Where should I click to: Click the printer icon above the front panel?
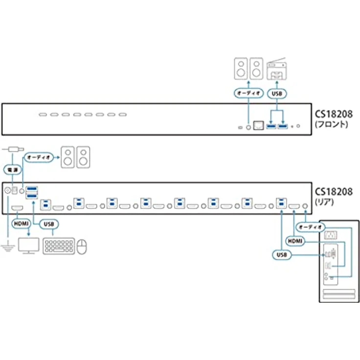point(276,68)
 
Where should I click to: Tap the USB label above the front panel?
point(277,94)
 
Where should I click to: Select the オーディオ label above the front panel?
point(248,93)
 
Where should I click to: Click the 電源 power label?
point(12,170)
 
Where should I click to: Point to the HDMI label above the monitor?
point(21,224)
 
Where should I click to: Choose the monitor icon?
point(29,246)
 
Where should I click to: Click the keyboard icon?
point(59,246)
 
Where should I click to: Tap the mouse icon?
point(82,247)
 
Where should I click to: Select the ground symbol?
point(8,246)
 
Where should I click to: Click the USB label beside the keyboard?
point(49,224)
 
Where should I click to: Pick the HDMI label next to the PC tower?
point(295,241)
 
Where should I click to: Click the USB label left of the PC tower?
point(282,255)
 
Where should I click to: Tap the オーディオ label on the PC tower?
point(311,227)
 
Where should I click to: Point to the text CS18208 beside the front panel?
point(334,114)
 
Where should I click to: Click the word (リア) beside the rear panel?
point(324,202)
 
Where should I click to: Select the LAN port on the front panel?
point(258,125)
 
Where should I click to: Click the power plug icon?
point(13,150)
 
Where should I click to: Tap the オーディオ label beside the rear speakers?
point(39,157)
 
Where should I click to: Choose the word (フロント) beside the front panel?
point(331,124)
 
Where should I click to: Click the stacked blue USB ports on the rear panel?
point(32,192)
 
